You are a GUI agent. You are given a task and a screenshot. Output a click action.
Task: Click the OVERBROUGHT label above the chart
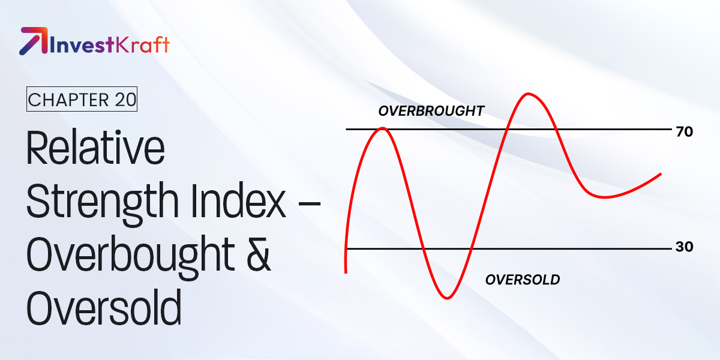pyautogui.click(x=431, y=111)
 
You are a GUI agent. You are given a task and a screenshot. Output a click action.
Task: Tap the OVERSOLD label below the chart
pyautogui.click(x=522, y=280)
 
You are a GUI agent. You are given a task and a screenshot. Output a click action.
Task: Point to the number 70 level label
pyautogui.click(x=684, y=132)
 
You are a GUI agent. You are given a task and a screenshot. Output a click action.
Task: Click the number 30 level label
pyautogui.click(x=684, y=247)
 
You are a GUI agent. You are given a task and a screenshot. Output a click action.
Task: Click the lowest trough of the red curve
pyautogui.click(x=447, y=297)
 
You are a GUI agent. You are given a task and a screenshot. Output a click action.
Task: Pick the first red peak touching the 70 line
pyautogui.click(x=382, y=128)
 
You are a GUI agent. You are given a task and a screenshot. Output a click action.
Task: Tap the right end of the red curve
pyautogui.click(x=660, y=174)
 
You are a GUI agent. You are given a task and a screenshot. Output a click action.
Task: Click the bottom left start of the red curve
pyautogui.click(x=346, y=272)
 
